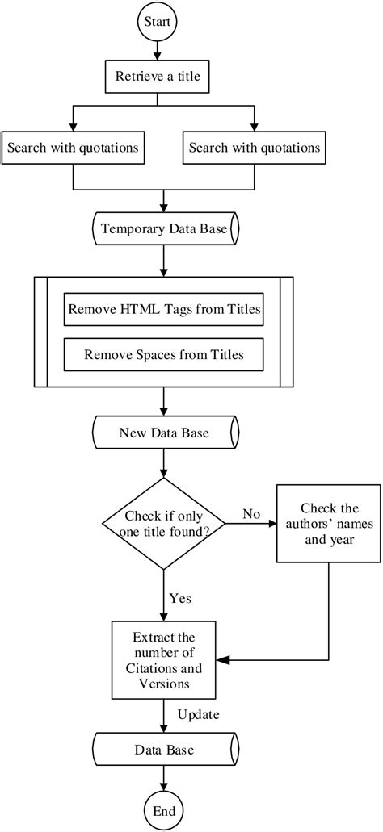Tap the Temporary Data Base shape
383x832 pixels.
[x=164, y=229]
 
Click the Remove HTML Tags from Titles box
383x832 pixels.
[x=164, y=309]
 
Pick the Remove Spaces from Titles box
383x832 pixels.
[x=164, y=353]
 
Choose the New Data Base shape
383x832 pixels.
[x=164, y=433]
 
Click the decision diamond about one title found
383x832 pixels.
[x=164, y=523]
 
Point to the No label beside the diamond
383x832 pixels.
[x=250, y=513]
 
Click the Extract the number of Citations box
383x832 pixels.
[x=164, y=659]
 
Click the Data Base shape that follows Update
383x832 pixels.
[x=164, y=750]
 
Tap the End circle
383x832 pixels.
[x=164, y=809]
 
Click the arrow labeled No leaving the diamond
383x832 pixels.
[x=250, y=524]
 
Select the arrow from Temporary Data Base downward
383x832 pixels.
[x=164, y=261]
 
